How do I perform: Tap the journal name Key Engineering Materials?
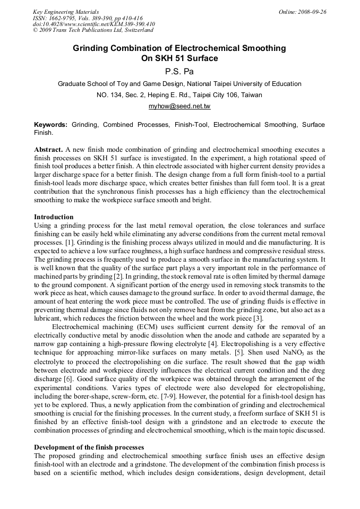click(66, 12)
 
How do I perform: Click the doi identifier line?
click(94, 24)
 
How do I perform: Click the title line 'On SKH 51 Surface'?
click(179, 58)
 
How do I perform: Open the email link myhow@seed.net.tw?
click(179, 107)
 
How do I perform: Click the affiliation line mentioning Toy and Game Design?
click(179, 84)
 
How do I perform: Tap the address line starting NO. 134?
click(179, 96)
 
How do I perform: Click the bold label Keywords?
click(50, 125)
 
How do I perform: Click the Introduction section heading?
click(54, 217)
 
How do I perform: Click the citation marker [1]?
click(71, 241)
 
